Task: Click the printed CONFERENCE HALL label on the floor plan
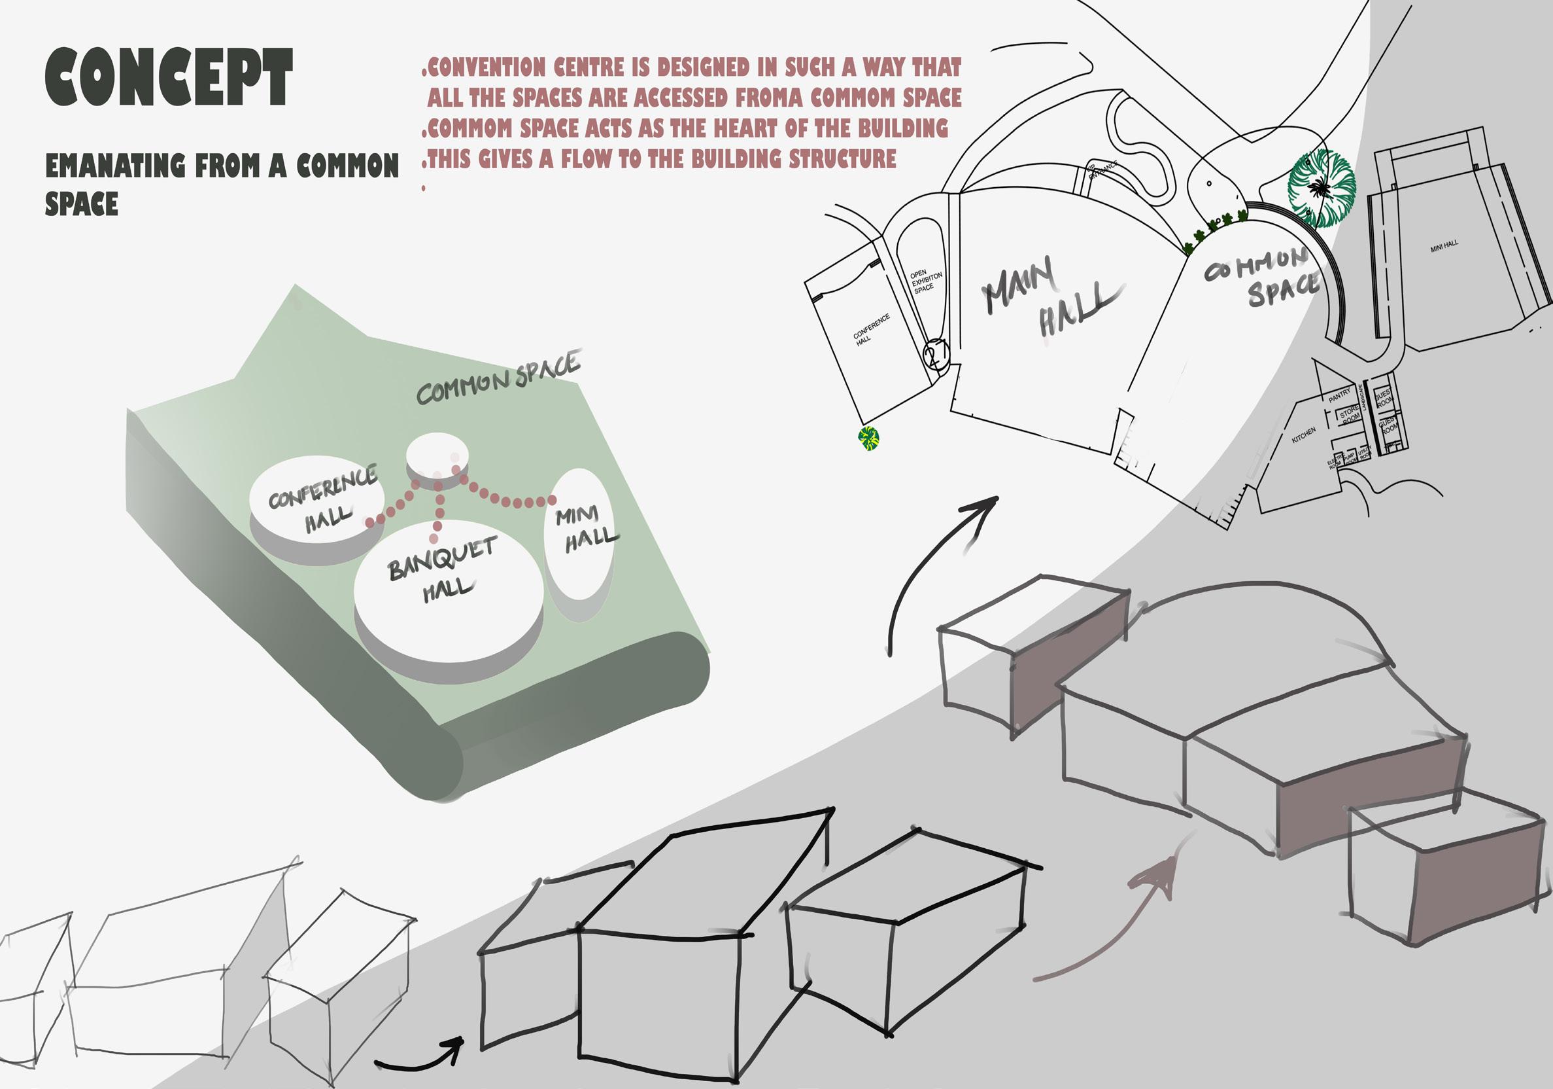coord(870,330)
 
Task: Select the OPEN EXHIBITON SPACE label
coord(925,281)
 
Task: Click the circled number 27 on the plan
coord(937,353)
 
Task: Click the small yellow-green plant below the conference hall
coord(868,438)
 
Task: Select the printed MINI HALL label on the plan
coord(1444,246)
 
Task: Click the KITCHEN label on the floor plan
coord(1303,435)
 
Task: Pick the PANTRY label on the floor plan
coord(1339,396)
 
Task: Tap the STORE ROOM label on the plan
coord(1350,414)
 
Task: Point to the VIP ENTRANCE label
coord(1101,171)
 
